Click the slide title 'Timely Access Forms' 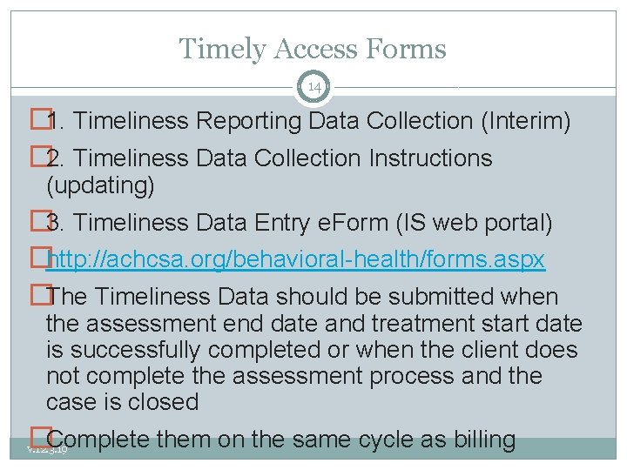313,49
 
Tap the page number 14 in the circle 313,87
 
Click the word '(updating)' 100,185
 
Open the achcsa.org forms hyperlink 295,259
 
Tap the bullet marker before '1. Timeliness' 37,121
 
